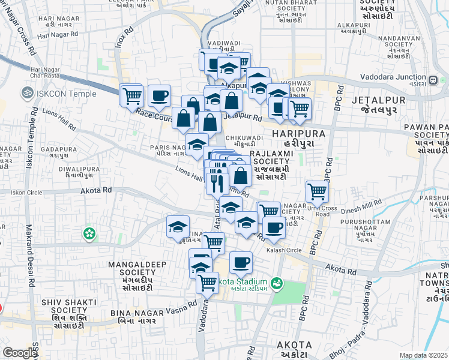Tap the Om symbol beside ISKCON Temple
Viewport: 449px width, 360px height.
(x=26, y=93)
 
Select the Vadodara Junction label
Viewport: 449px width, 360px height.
(x=393, y=77)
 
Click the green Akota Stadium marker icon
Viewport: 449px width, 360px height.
(x=276, y=283)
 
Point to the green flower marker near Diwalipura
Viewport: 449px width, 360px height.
(x=89, y=232)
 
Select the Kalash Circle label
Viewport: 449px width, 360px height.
(x=284, y=250)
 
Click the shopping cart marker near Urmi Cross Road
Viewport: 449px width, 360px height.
(x=316, y=192)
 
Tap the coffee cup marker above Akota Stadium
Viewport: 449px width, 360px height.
(x=241, y=262)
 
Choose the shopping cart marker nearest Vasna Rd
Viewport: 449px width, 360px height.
(x=207, y=281)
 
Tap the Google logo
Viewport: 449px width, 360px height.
(x=20, y=353)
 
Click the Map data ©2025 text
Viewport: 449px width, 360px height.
(x=423, y=355)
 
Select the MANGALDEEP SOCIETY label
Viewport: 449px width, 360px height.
(x=130, y=268)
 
